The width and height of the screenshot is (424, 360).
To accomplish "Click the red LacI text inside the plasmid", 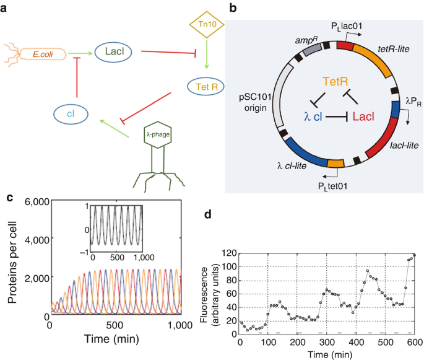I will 364,116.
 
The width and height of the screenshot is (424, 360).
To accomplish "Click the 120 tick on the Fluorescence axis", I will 227,254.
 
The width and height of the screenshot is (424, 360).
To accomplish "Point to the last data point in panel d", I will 415,255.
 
